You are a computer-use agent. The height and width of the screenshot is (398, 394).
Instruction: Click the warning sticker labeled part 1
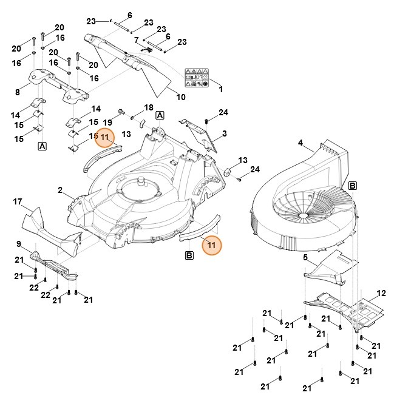point(199,77)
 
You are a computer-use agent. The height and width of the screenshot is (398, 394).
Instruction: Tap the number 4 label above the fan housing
point(300,143)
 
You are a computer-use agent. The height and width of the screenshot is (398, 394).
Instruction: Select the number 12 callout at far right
point(381,293)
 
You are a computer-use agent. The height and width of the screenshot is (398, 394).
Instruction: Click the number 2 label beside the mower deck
point(60,190)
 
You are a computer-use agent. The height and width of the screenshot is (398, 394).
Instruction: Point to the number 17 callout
point(18,201)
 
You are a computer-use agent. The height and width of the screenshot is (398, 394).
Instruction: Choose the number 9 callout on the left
point(19,244)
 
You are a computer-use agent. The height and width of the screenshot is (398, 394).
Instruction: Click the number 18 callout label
point(149,107)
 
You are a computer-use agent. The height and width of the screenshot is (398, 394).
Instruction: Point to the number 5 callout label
point(305,258)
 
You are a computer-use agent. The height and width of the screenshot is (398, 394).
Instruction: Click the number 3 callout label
point(224,133)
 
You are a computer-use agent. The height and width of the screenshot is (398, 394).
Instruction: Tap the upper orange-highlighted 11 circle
point(106,138)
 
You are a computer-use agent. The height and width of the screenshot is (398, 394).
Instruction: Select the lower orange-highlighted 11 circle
point(212,245)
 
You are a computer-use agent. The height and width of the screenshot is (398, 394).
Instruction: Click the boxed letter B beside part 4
point(353,185)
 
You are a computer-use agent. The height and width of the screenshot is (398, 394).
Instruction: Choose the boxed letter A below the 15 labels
point(42,146)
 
